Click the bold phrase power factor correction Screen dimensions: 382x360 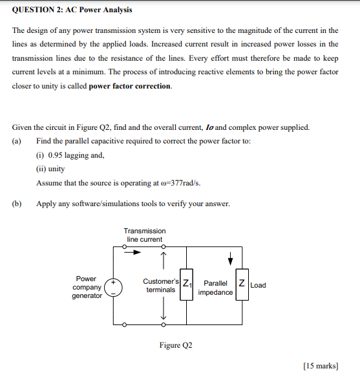(130, 86)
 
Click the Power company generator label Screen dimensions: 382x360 (87, 287)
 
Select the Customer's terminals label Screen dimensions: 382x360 (160, 285)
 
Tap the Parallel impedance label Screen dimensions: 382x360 (215, 288)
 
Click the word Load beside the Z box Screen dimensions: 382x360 (258, 285)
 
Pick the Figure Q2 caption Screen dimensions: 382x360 (176, 345)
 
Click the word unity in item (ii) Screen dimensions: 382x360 (56, 169)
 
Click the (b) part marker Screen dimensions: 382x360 (17, 204)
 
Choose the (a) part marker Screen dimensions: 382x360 (17, 141)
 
